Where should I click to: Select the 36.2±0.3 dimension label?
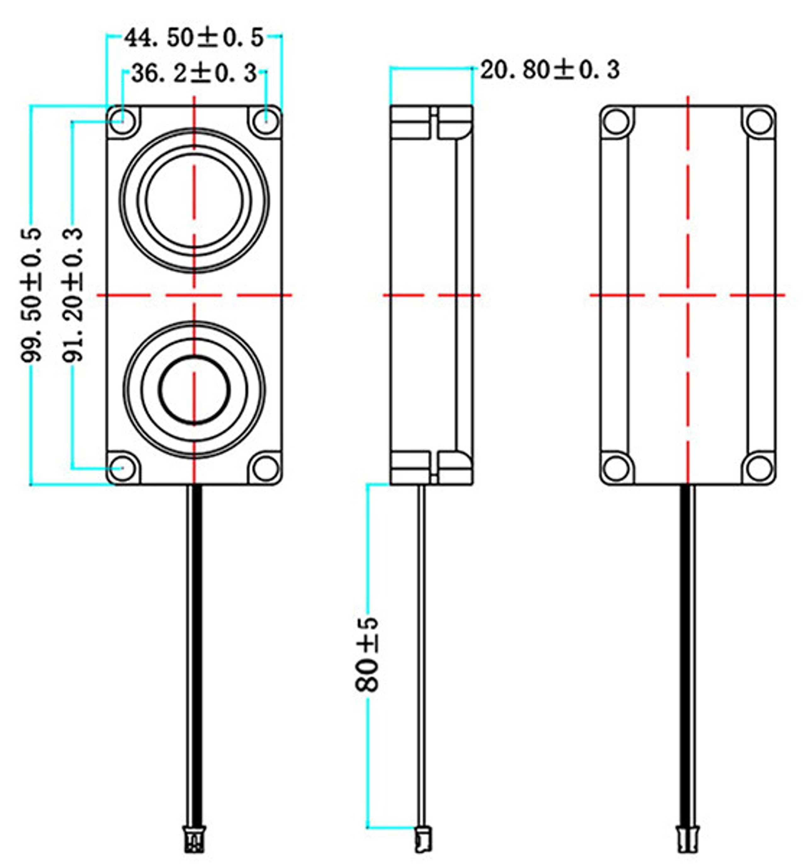click(x=194, y=73)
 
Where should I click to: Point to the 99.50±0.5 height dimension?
click(x=31, y=295)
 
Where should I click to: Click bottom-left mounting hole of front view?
click(x=123, y=469)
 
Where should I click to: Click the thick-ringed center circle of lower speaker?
click(x=194, y=389)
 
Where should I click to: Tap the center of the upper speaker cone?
click(x=194, y=201)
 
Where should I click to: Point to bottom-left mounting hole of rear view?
click(x=616, y=468)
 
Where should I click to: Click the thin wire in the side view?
click(x=422, y=654)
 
